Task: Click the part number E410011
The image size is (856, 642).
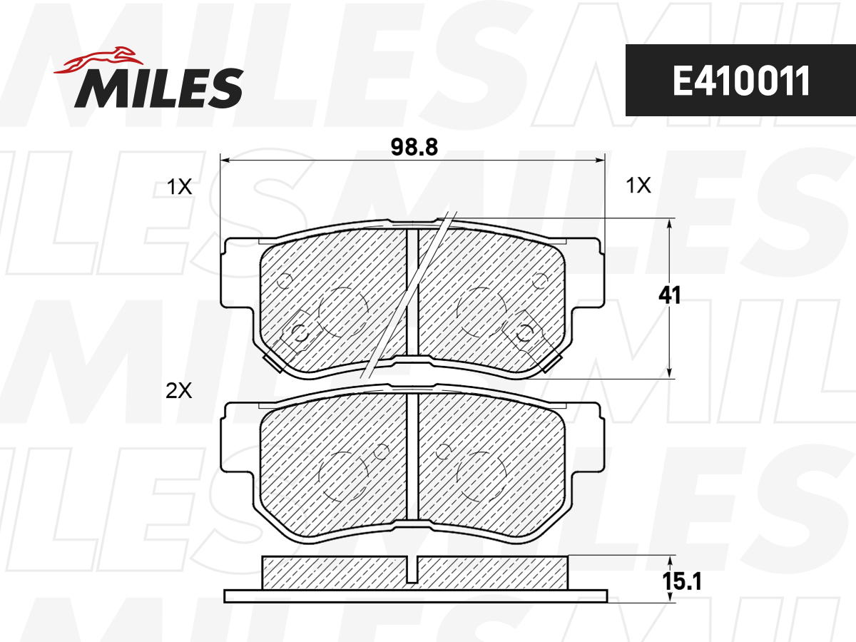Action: pyautogui.click(x=740, y=81)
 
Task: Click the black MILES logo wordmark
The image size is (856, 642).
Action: pyautogui.click(x=159, y=88)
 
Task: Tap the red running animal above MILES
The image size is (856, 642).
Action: pyautogui.click(x=98, y=61)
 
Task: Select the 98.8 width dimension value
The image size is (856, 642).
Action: pyautogui.click(x=414, y=148)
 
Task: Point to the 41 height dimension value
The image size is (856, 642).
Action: pyautogui.click(x=670, y=295)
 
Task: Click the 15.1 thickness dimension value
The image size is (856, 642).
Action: pyautogui.click(x=682, y=581)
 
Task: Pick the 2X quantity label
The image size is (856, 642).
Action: pyautogui.click(x=179, y=391)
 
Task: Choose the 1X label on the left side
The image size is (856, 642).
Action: pyautogui.click(x=179, y=187)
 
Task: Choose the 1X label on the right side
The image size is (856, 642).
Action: pyautogui.click(x=638, y=185)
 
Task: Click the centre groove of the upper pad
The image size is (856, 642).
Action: pyautogui.click(x=412, y=292)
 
